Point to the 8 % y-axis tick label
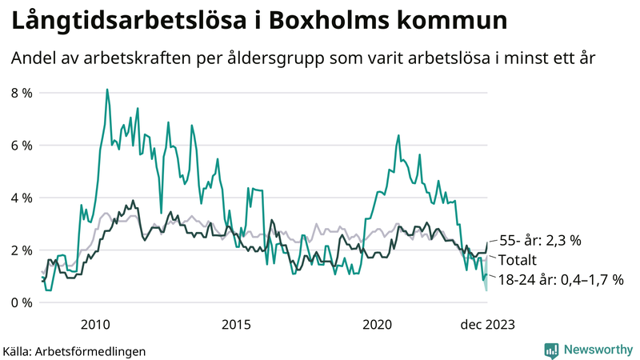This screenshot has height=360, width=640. (x=22, y=93)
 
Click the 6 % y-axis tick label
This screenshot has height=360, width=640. (x=22, y=146)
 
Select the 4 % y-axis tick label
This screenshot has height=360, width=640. (x=22, y=198)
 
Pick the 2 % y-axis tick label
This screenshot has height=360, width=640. (x=22, y=250)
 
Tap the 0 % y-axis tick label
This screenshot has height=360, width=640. (x=22, y=302)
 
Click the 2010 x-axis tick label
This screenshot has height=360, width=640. (x=95, y=325)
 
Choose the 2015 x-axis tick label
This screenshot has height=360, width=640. (x=236, y=325)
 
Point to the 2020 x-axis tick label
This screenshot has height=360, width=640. (x=377, y=325)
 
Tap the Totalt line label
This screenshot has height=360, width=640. (x=518, y=260)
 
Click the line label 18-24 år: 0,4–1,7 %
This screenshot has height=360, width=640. (x=561, y=279)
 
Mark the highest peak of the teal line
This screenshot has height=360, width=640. (x=107, y=90)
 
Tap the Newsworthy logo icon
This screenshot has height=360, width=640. (x=551, y=350)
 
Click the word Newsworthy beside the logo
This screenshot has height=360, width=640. (x=596, y=350)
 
